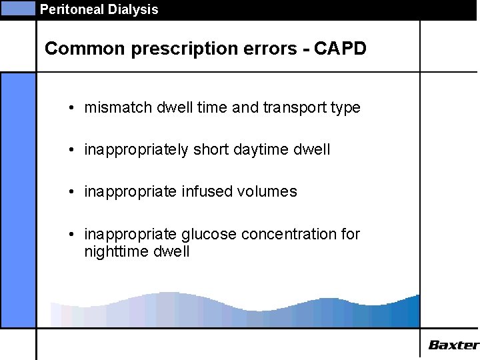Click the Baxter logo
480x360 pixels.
[453, 345]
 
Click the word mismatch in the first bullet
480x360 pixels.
[113, 108]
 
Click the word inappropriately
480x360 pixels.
[137, 150]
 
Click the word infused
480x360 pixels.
[207, 192]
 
